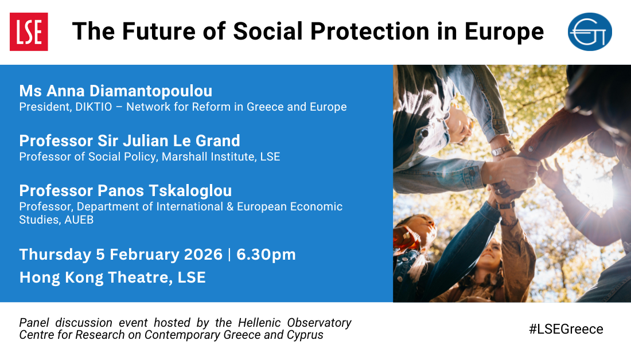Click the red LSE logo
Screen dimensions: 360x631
click(x=29, y=32)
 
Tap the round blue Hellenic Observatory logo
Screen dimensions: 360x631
click(x=590, y=32)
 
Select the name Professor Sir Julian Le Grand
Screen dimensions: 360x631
click(x=130, y=140)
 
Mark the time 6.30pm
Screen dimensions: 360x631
click(x=266, y=254)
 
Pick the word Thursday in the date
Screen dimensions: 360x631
click(x=56, y=254)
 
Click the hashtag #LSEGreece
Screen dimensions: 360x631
click(x=566, y=329)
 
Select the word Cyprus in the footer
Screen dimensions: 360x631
click(x=305, y=335)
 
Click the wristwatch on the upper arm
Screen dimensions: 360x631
click(x=500, y=150)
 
